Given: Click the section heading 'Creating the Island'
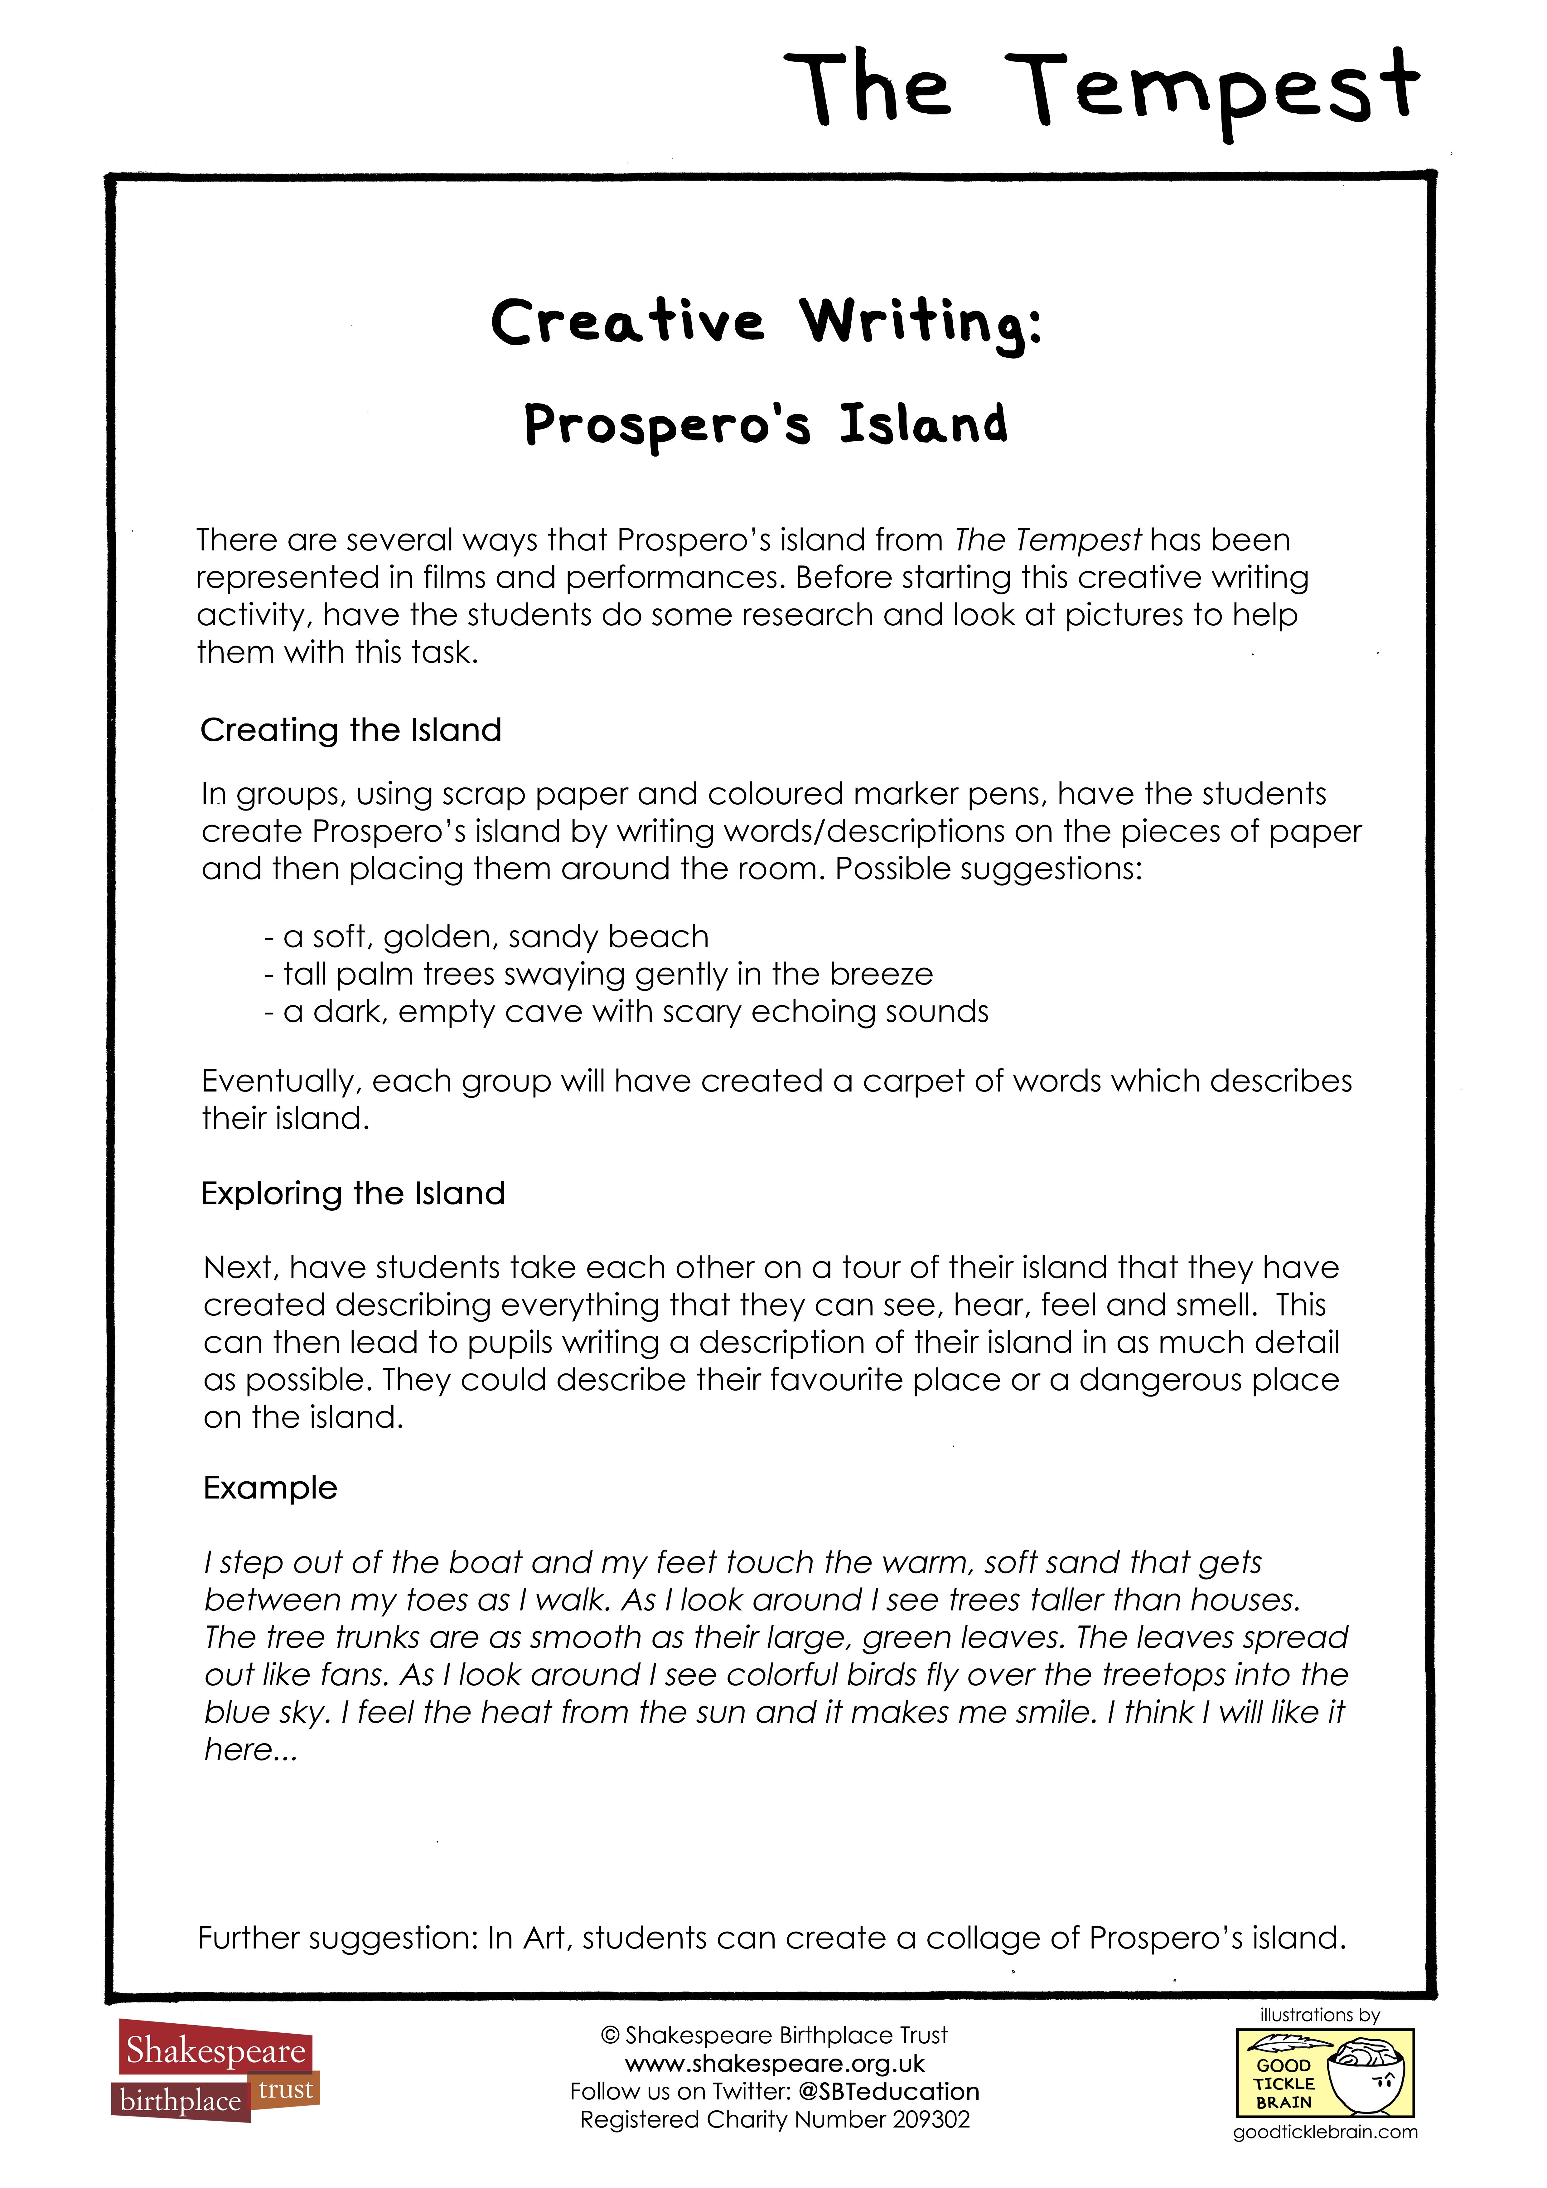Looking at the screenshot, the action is click(x=351, y=730).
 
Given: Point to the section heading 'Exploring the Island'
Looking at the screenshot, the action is click(x=353, y=1193).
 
